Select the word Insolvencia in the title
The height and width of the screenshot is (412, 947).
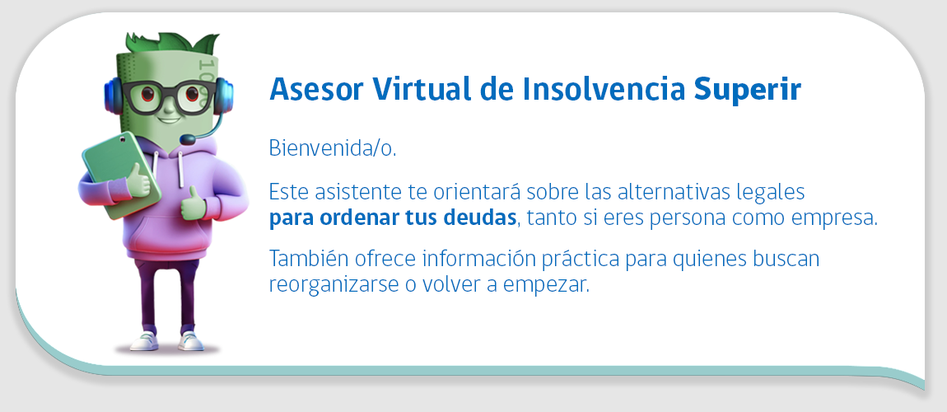point(604,89)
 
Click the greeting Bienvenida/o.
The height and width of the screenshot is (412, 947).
point(333,148)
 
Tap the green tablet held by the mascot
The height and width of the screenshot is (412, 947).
point(119,176)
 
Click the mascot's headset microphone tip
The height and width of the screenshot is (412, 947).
point(188,140)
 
